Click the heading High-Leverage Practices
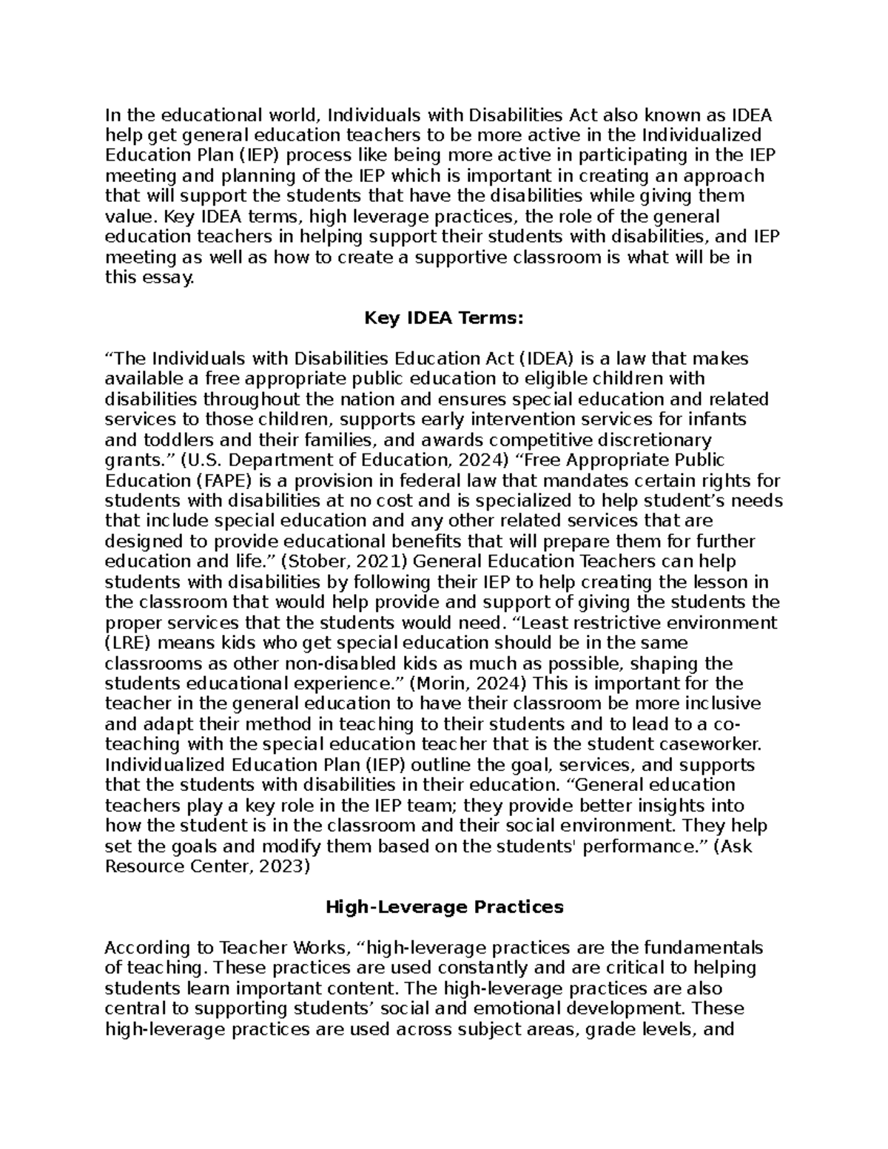[x=444, y=906]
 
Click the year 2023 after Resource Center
[x=280, y=866]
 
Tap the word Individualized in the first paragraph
[x=701, y=135]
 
